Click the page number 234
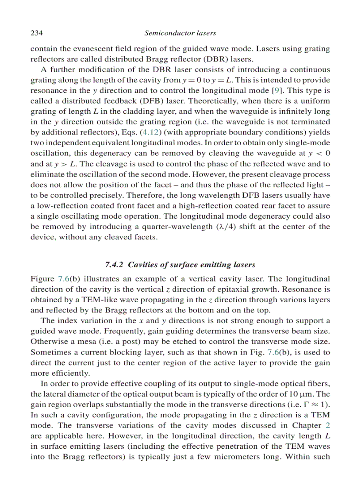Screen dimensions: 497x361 pyautogui.click(x=36, y=33)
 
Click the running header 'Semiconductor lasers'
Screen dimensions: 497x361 pyautogui.click(x=180, y=33)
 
